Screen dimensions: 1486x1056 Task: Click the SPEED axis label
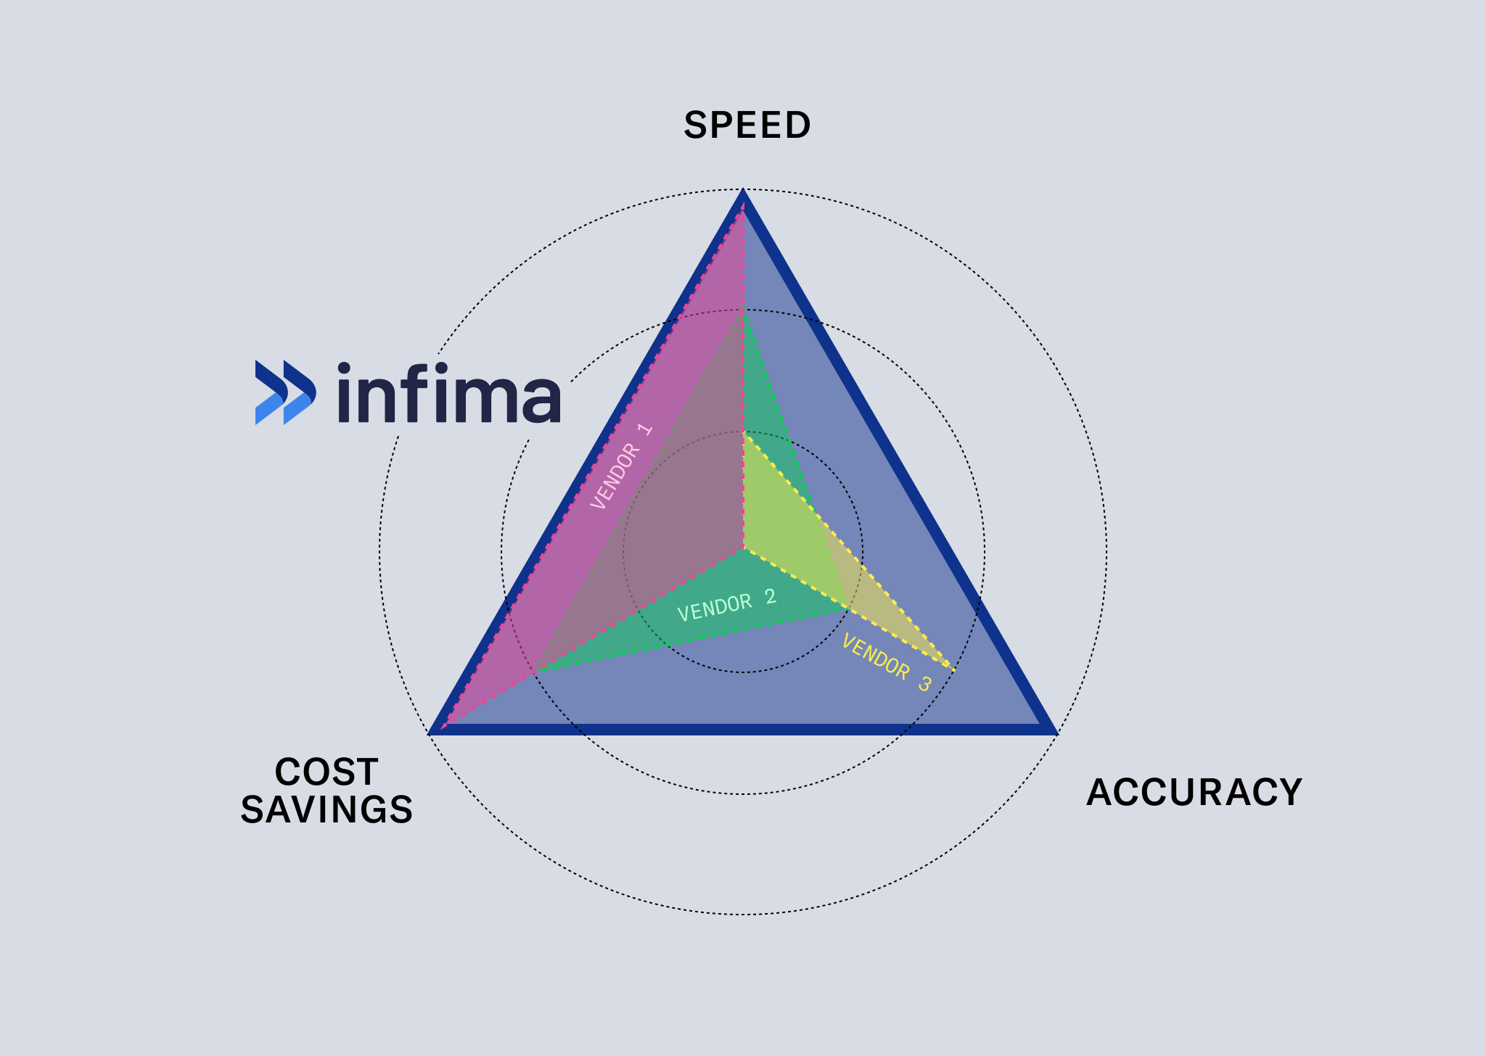point(747,125)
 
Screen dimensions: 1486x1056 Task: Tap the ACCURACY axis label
point(1194,792)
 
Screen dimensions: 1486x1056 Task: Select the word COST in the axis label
point(327,772)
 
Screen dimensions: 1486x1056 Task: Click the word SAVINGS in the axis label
point(327,809)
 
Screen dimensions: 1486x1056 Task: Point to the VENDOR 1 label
point(621,466)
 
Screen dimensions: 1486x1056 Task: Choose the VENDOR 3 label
point(886,662)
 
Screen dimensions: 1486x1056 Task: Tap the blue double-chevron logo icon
point(285,392)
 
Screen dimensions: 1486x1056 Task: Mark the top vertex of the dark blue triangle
point(743,192)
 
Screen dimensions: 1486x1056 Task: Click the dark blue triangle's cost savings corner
point(433,732)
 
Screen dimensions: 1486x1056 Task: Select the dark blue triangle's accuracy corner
point(1054,731)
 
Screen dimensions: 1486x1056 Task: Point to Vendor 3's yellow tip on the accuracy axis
point(953,669)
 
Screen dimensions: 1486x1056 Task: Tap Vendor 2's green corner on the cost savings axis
point(535,672)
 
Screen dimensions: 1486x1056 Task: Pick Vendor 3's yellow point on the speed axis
point(743,433)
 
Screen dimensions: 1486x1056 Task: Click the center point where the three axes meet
point(743,548)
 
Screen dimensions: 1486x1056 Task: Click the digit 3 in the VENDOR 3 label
point(924,683)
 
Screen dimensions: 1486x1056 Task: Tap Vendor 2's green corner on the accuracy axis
point(847,608)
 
